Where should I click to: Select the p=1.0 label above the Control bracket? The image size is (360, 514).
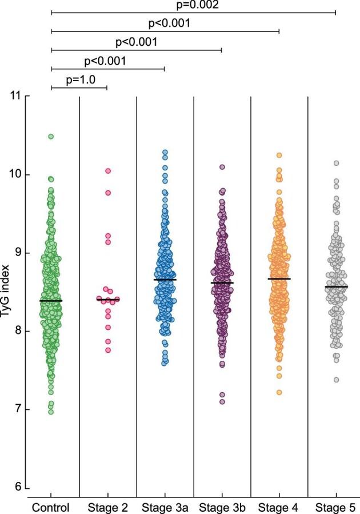81,79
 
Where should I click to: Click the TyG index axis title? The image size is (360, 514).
8,292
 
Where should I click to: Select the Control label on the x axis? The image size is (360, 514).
51,507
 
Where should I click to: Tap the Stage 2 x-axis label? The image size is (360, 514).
107,507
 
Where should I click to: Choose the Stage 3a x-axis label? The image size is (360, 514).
165,507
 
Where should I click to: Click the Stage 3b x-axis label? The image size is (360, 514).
222,507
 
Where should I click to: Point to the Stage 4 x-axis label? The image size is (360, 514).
279,507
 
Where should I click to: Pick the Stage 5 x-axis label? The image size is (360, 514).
336,507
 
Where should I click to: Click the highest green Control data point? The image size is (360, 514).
51,137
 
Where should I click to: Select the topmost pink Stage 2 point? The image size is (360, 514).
107,171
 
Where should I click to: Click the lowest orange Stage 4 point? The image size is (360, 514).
279,392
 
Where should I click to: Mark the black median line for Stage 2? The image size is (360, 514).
107,300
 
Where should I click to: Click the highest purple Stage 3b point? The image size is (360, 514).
222,167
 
